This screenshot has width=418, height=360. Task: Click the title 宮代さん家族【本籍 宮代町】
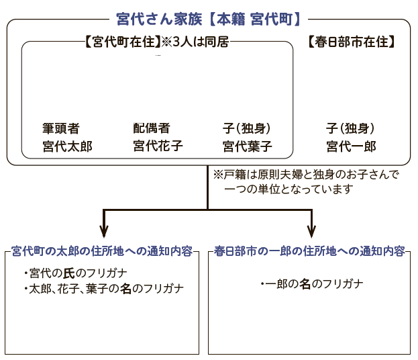point(208,19)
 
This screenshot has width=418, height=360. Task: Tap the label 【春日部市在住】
point(352,42)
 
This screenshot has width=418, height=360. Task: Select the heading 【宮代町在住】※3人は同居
point(157,42)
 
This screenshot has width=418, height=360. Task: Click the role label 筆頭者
point(61,128)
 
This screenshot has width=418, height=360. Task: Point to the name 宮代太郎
point(68,146)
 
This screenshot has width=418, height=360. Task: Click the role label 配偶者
point(152,128)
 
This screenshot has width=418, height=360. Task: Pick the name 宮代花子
point(158,146)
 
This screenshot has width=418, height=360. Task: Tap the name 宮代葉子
point(248,146)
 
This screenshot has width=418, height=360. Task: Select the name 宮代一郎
point(351,146)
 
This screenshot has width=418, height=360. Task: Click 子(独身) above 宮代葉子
point(247,128)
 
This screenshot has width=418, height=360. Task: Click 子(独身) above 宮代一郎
point(350,128)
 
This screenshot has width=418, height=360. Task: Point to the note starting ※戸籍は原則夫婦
point(307,182)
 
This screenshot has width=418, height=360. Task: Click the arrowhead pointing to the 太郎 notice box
point(104,231)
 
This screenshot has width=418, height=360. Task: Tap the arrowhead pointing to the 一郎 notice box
point(311,231)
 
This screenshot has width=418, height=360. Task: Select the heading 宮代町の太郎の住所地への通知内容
point(102,251)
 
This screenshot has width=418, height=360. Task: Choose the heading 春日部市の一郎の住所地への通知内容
point(309,251)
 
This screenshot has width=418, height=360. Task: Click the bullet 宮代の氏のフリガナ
point(75,273)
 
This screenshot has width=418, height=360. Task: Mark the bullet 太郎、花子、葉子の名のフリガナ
point(104,289)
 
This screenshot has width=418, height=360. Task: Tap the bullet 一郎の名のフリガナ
point(312,283)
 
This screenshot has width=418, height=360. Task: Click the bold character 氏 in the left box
point(69,273)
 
